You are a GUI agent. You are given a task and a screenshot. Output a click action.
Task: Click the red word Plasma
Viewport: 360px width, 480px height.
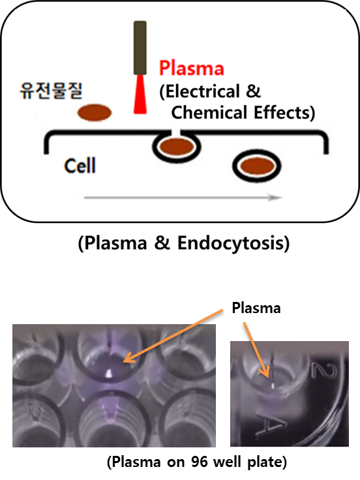coord(192,68)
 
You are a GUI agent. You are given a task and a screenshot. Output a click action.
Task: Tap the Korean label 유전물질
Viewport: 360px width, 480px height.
coord(51,91)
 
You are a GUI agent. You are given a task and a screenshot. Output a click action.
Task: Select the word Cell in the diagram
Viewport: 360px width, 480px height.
coord(80,166)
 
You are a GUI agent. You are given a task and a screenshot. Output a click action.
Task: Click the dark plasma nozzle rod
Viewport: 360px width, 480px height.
coord(140,48)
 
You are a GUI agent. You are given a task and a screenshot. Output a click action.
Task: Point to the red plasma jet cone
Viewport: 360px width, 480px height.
coord(140,95)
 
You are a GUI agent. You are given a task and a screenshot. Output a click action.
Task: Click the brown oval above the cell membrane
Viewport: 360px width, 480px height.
coord(95,112)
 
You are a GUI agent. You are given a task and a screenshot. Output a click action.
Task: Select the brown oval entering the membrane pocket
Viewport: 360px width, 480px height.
coord(177,147)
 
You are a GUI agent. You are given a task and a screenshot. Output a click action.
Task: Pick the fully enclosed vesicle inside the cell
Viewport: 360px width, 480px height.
coord(256,166)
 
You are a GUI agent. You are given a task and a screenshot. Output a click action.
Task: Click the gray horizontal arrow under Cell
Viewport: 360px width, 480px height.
coord(183,198)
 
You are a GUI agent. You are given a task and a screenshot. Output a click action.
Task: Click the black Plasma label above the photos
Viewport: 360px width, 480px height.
coord(256,308)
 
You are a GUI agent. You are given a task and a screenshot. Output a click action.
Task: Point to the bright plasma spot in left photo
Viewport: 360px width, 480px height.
coord(108,373)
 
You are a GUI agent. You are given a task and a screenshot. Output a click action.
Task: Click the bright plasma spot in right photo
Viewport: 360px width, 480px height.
coord(273,385)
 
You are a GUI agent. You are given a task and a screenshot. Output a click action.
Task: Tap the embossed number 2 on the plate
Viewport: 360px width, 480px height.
coord(324,370)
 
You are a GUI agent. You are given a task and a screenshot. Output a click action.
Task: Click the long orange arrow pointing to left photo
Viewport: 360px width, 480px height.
coord(174,336)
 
